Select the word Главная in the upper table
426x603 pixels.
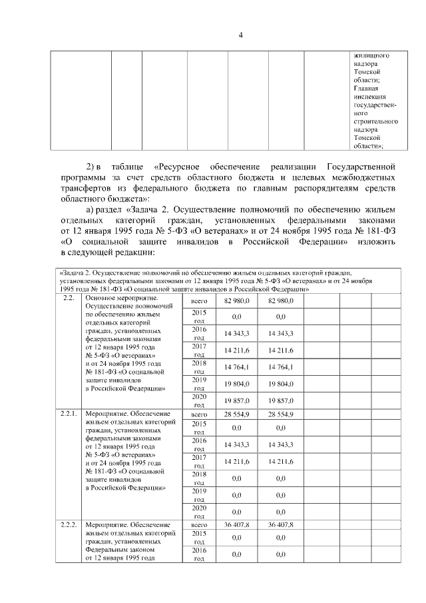click(x=366, y=88)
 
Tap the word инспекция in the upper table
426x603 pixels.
click(x=370, y=96)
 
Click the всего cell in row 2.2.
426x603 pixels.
click(x=199, y=301)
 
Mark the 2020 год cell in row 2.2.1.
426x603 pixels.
click(x=199, y=511)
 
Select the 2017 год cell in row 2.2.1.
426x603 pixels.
click(x=199, y=461)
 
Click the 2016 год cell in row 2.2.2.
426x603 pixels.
click(x=199, y=554)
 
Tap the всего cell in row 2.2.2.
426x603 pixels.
click(x=199, y=525)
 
